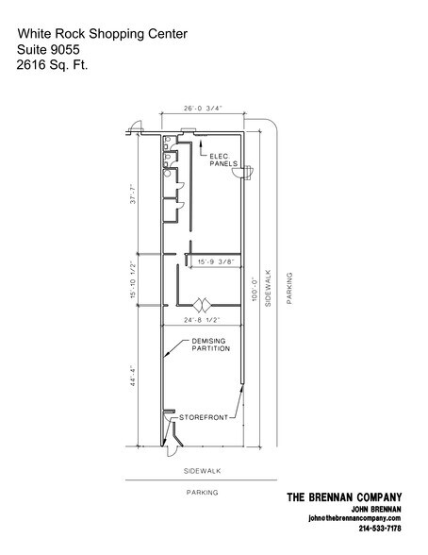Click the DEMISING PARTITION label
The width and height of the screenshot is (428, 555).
tap(206, 345)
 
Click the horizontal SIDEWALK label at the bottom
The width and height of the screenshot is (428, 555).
tap(202, 467)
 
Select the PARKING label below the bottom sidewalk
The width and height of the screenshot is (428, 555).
tap(202, 493)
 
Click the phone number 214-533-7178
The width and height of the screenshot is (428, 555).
tap(380, 528)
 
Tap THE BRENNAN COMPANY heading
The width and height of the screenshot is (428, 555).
tap(344, 497)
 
